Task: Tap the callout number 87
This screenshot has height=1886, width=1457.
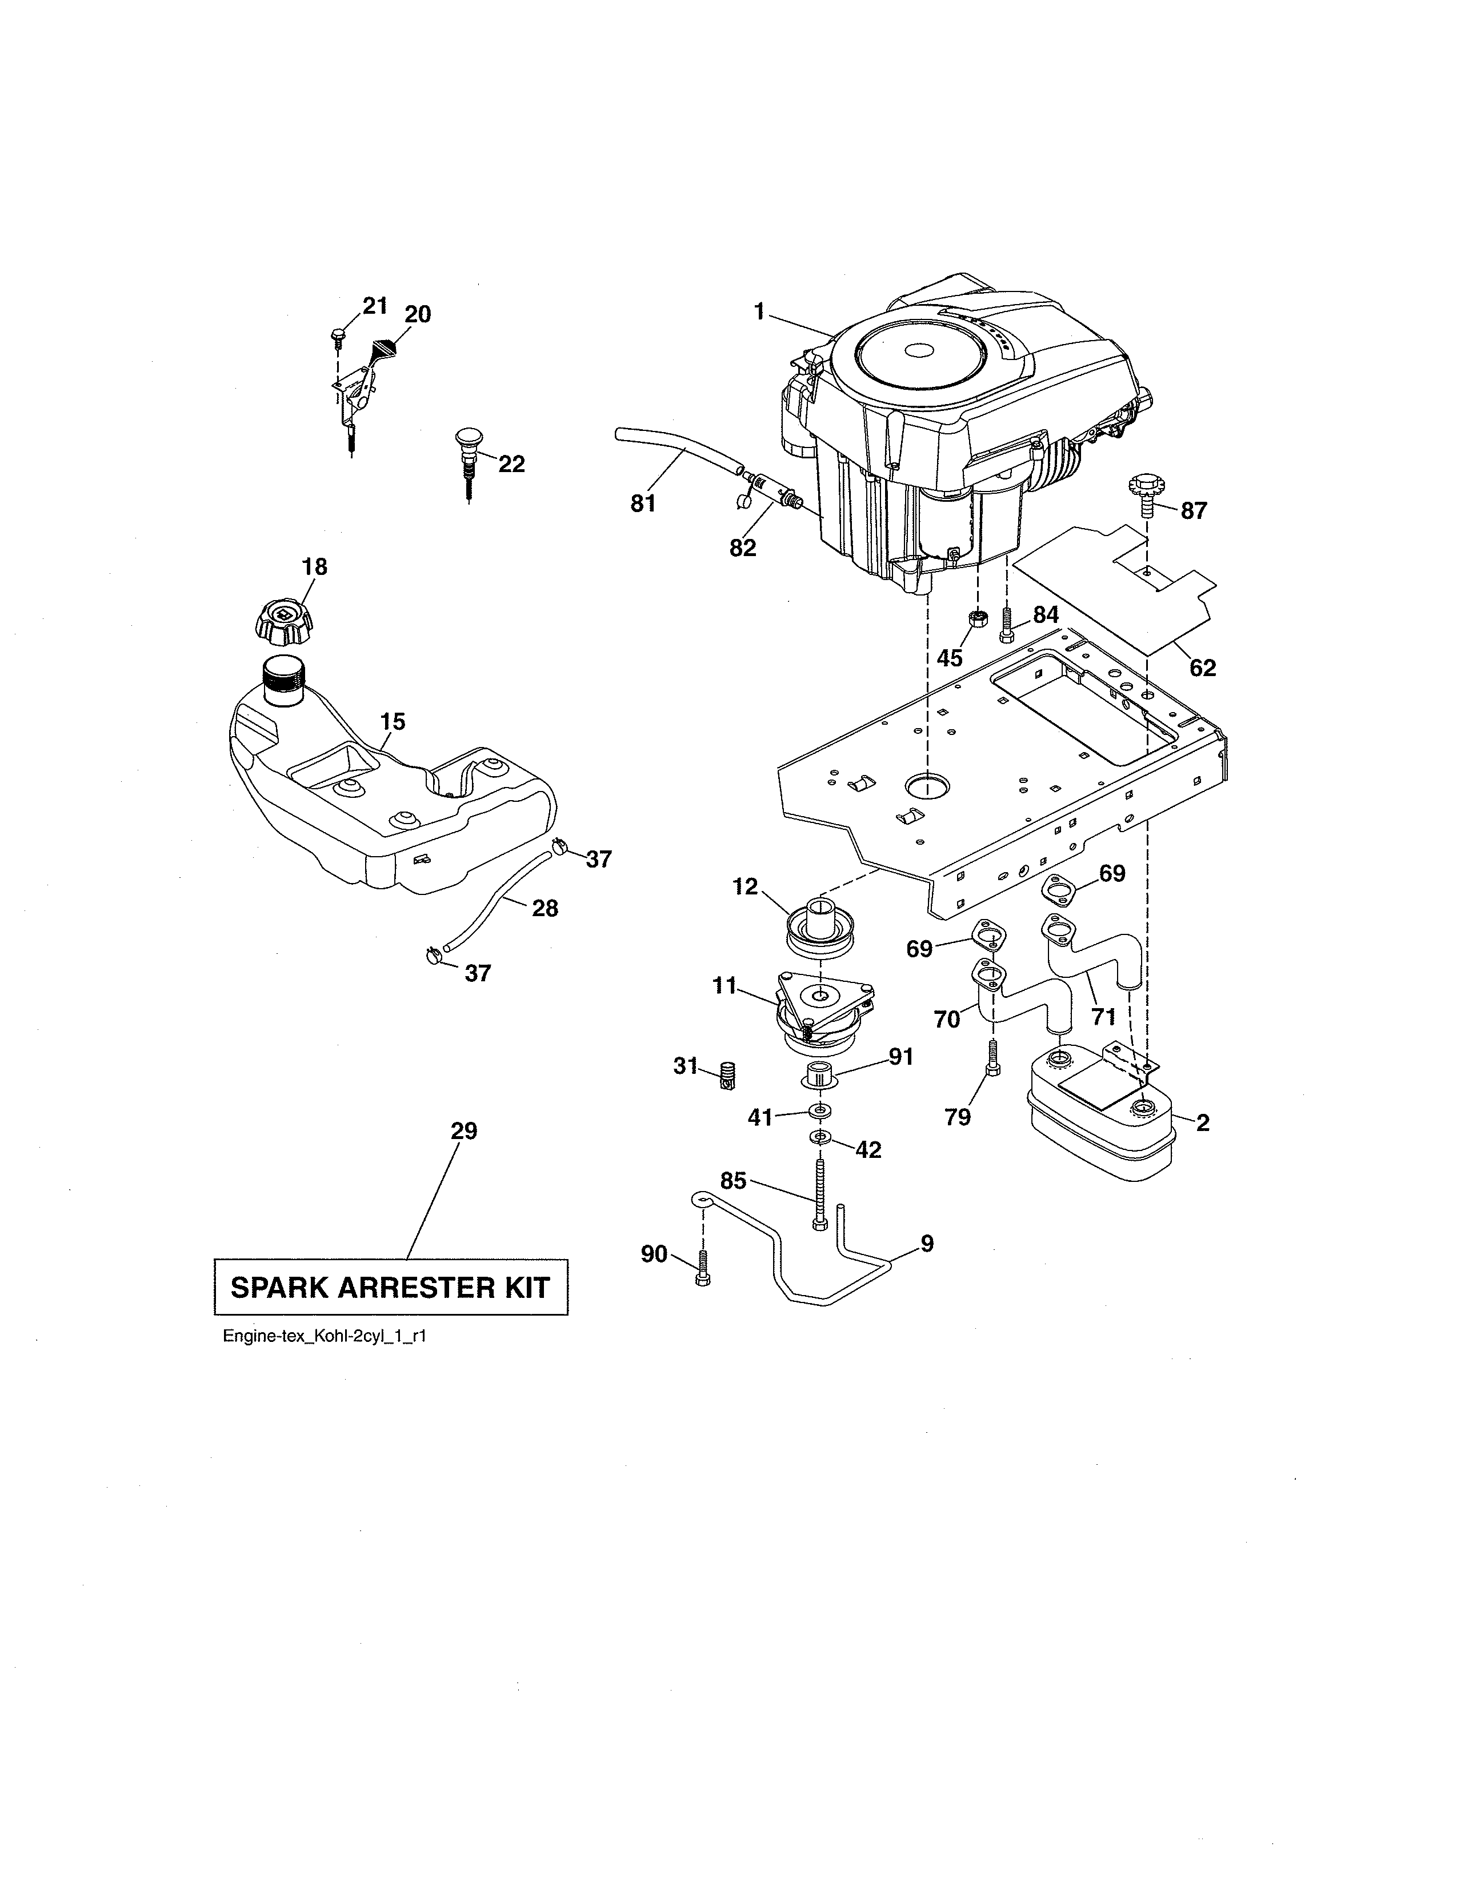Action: click(x=1193, y=510)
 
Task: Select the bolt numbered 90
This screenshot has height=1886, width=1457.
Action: click(x=701, y=1293)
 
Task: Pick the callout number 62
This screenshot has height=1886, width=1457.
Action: click(x=1202, y=668)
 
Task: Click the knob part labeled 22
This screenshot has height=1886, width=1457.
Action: click(x=467, y=453)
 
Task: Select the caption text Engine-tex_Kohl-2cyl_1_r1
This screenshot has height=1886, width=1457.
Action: click(x=325, y=1337)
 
